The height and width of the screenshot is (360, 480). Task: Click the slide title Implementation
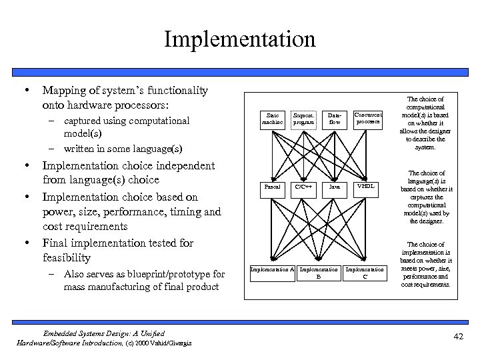240,38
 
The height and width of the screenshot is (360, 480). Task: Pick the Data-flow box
335,119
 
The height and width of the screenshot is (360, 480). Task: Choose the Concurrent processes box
368,118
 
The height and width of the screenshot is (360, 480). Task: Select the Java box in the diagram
335,186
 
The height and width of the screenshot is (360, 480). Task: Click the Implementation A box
271,269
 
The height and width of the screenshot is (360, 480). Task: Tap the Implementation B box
318,272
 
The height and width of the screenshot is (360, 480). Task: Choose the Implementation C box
365,272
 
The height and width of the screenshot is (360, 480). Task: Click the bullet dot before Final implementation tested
26,243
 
